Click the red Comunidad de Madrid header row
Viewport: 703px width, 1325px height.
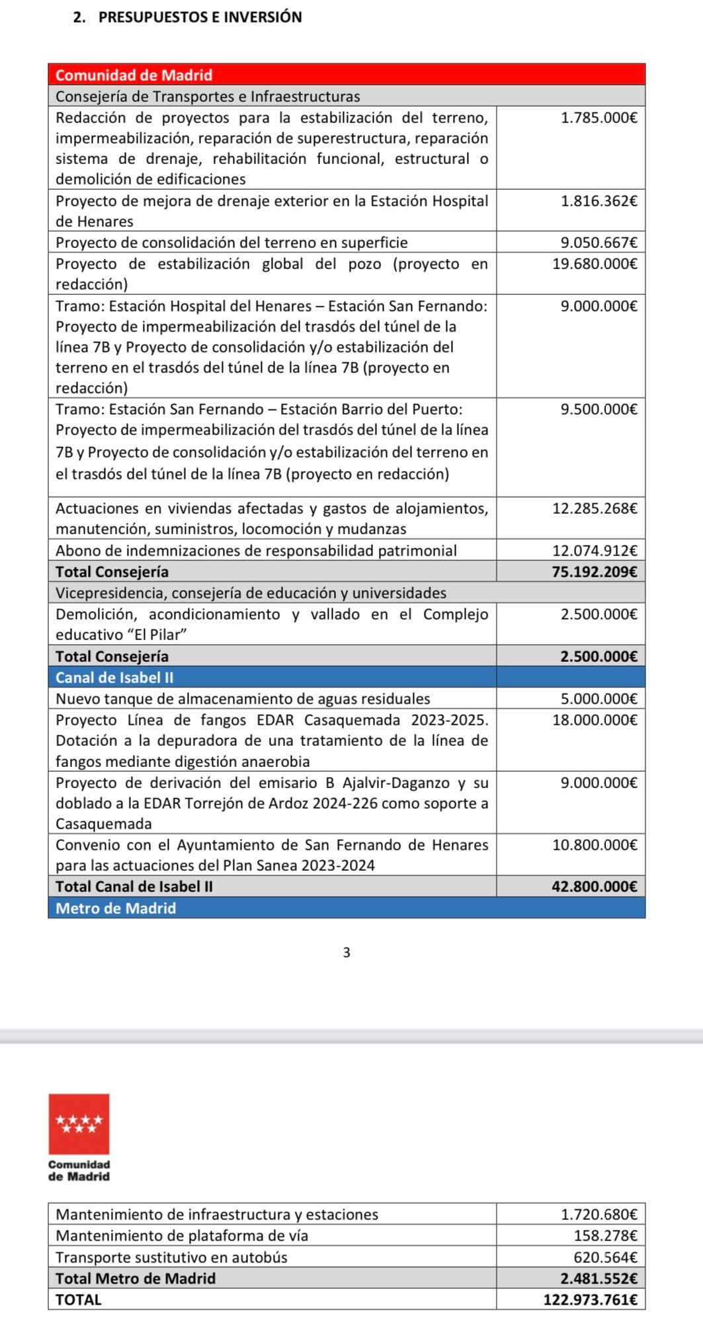click(347, 75)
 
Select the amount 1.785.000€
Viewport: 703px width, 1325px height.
click(599, 118)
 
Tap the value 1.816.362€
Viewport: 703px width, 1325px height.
click(599, 201)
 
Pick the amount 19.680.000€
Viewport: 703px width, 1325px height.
click(595, 264)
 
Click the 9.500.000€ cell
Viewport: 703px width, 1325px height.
click(599, 409)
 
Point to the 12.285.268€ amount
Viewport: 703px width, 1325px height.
click(595, 508)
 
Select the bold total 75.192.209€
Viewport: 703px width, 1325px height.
click(595, 572)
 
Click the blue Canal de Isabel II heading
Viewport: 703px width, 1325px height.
click(114, 678)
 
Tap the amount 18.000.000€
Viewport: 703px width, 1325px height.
click(595, 720)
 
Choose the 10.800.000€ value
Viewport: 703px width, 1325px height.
click(595, 845)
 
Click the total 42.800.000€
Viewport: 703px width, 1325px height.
click(595, 887)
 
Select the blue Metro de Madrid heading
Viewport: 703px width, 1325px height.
click(116, 908)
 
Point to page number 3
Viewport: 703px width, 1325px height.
click(347, 953)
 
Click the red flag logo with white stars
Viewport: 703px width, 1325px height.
click(79, 1124)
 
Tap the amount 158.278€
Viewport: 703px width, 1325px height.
click(605, 1236)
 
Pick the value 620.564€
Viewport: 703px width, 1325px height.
click(605, 1257)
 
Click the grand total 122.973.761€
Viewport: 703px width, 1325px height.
click(591, 1300)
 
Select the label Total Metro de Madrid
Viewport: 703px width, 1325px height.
click(136, 1278)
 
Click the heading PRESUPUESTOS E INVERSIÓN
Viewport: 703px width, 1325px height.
click(200, 17)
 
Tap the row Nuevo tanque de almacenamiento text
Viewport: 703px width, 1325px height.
click(243, 699)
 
